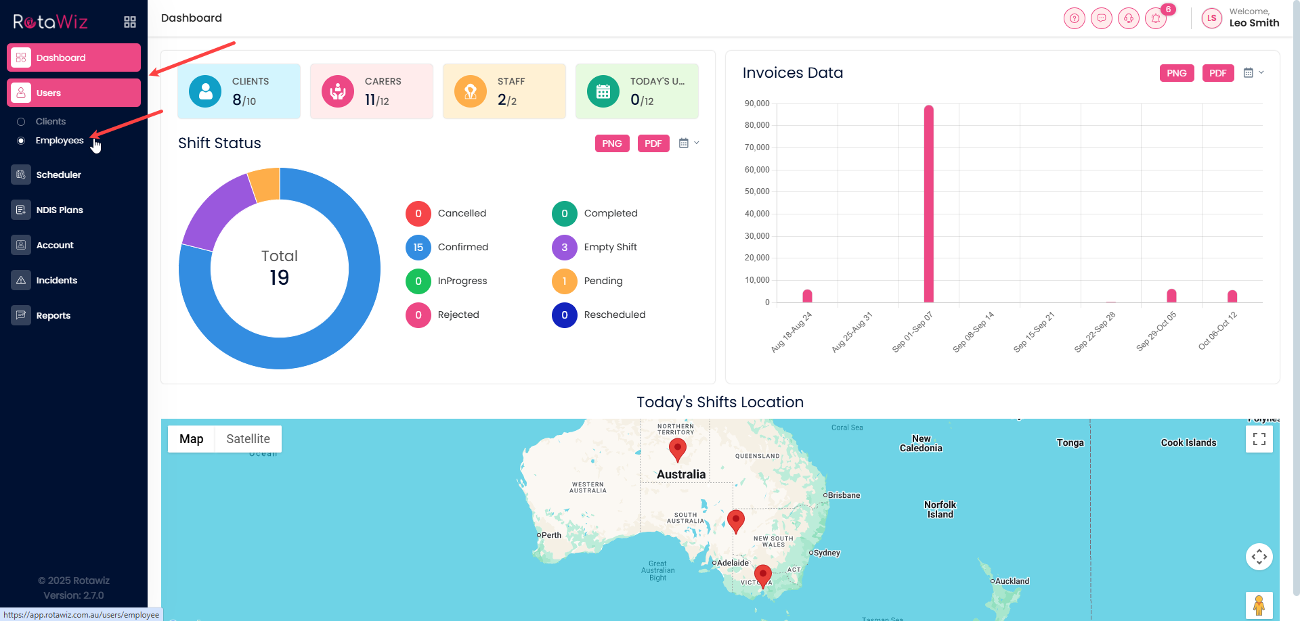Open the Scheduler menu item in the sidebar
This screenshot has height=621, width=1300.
click(x=58, y=175)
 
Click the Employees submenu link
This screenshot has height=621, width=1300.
click(x=60, y=141)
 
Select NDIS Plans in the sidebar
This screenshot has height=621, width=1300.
click(x=60, y=210)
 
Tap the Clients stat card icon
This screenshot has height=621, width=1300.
click(x=205, y=91)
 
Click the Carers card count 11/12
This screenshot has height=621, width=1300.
click(x=376, y=100)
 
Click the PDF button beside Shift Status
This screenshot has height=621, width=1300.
click(x=653, y=143)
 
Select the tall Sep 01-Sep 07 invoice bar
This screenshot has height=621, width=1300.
click(x=928, y=203)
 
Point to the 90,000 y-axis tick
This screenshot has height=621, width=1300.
click(x=757, y=103)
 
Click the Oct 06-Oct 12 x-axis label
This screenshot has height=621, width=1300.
click(x=1217, y=331)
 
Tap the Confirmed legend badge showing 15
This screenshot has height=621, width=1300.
click(x=418, y=248)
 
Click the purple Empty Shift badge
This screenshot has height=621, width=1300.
click(x=565, y=248)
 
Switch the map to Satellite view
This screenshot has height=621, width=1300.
click(x=248, y=439)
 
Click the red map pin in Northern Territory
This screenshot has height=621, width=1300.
click(x=677, y=448)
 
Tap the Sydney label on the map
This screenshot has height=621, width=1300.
click(x=827, y=553)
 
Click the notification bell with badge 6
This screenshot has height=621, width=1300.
click(x=1156, y=18)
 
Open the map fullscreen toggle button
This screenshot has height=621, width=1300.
click(x=1259, y=439)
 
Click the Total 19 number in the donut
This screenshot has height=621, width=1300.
click(x=279, y=277)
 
